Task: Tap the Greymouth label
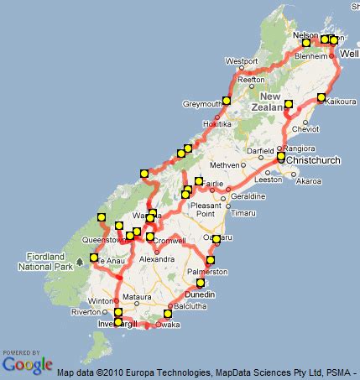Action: point(202,104)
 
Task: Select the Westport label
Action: point(242,61)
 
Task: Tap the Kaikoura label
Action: point(340,102)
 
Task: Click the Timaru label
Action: point(243,214)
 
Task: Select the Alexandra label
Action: point(155,261)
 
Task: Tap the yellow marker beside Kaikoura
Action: point(321,97)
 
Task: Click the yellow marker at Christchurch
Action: point(281,156)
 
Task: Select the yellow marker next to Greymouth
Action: point(226,101)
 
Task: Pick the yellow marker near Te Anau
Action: point(94,258)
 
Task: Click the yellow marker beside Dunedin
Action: point(201,283)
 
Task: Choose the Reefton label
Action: point(251,80)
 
